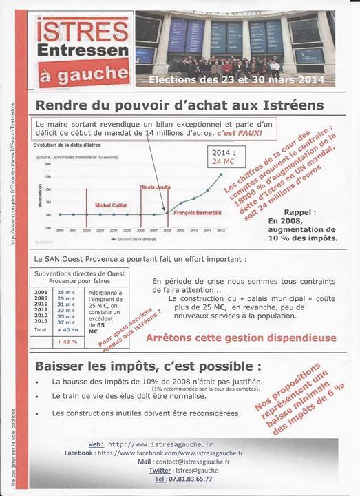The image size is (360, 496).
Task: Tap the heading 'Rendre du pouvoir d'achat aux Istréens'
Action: [179, 105]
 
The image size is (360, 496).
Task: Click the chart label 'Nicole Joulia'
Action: [156, 186]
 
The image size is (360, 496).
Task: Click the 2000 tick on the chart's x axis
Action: [60, 229]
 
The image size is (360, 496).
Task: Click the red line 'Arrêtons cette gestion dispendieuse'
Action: [240, 338]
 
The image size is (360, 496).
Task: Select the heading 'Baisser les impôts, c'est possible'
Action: [147, 364]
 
